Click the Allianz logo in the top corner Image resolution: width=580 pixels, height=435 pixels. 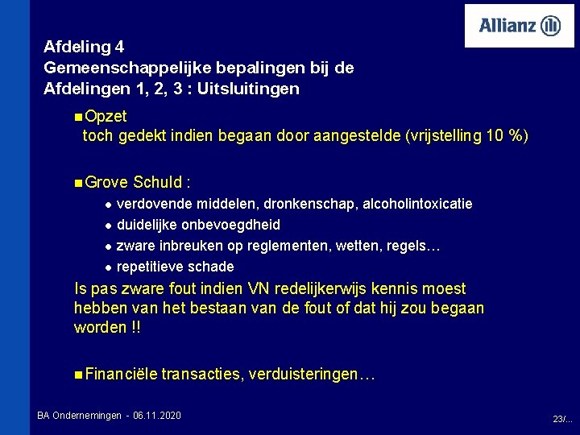pyautogui.click(x=520, y=26)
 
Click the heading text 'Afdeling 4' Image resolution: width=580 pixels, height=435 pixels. pyautogui.click(x=84, y=47)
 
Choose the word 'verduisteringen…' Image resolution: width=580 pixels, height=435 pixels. pyautogui.click(x=313, y=374)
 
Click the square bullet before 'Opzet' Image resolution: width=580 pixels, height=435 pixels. pyautogui.click(x=77, y=118)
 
